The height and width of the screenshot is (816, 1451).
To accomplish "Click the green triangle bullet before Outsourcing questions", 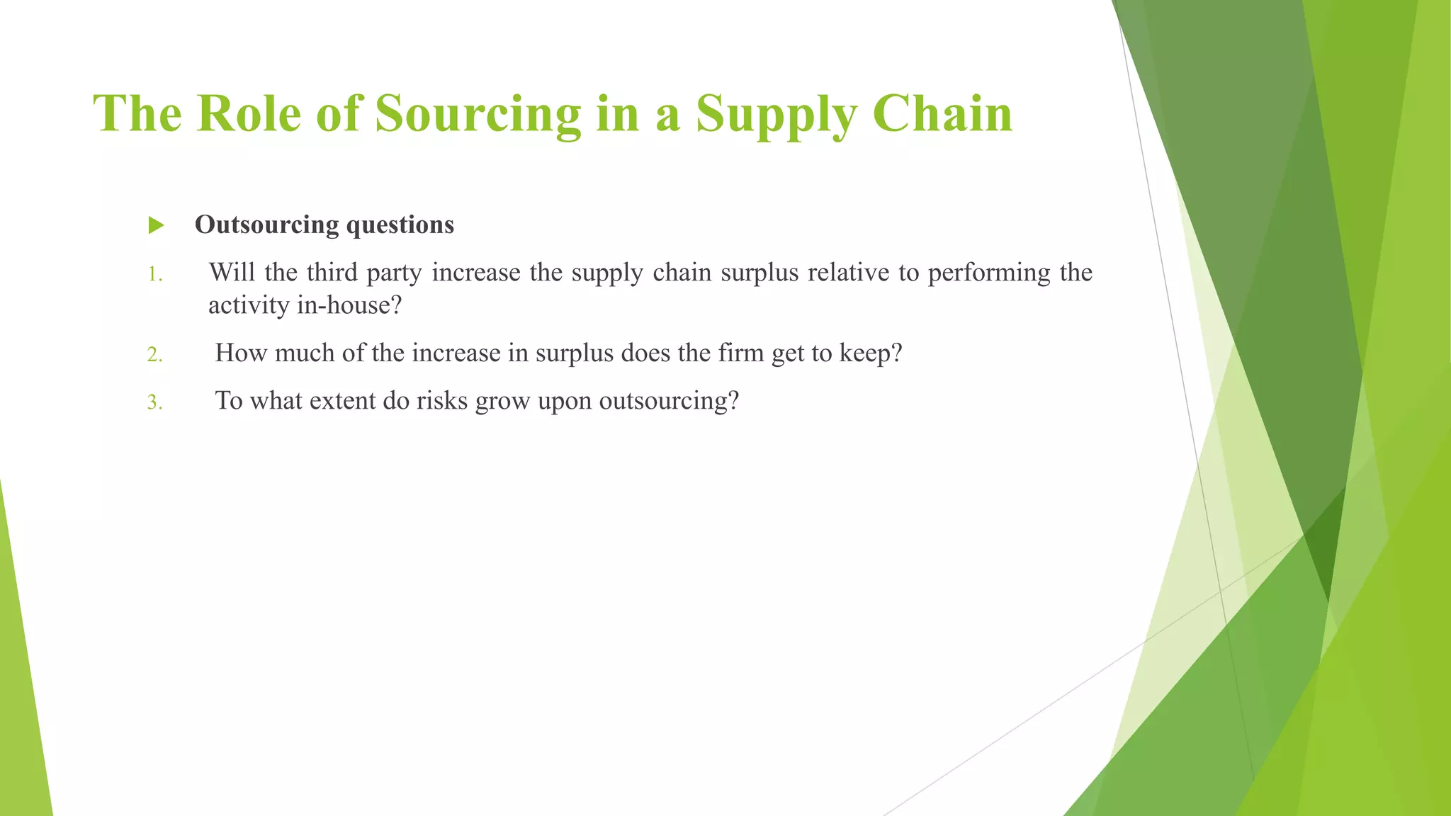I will pyautogui.click(x=157, y=226).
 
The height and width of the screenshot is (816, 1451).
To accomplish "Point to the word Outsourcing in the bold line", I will pyautogui.click(x=266, y=225).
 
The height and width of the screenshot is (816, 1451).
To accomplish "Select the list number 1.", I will pyautogui.click(x=154, y=275).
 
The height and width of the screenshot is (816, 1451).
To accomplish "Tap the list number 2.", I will pyautogui.click(x=154, y=355).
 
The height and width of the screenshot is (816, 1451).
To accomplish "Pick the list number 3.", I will pyautogui.click(x=154, y=403).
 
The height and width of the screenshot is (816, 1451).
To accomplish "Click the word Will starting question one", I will pyautogui.click(x=232, y=272).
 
